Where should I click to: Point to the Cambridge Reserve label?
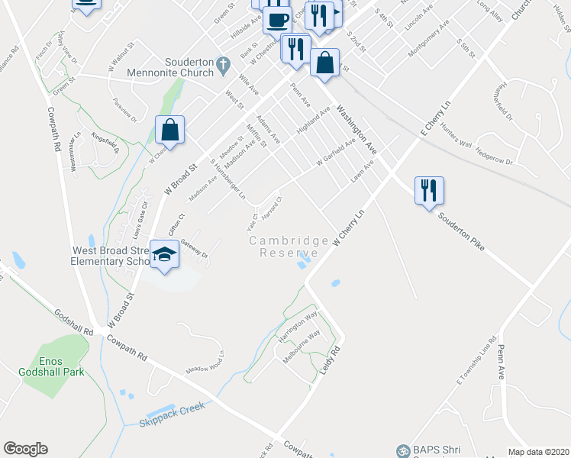coord(289,247)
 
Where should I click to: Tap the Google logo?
coord(25,449)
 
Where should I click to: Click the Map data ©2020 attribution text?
coord(538,452)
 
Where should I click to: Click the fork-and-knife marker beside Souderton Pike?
coord(429,190)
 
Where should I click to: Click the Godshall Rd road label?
coord(73,323)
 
